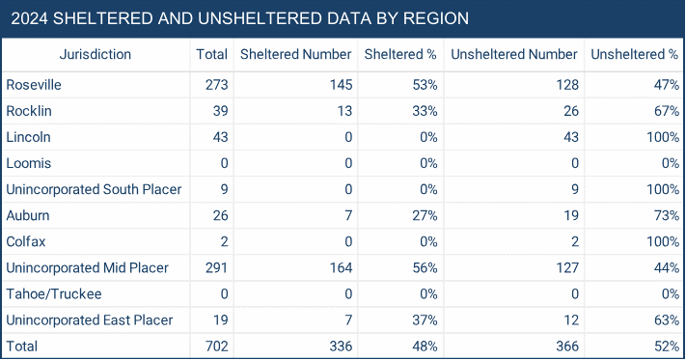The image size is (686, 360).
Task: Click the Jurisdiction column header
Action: click(95, 55)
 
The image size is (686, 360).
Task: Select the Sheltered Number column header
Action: click(295, 55)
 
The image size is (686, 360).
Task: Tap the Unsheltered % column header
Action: click(634, 55)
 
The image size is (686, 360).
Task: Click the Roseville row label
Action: click(34, 85)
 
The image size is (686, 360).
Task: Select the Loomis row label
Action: click(29, 163)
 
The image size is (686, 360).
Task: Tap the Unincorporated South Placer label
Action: click(94, 189)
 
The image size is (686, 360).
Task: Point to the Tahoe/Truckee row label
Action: click(52, 293)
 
